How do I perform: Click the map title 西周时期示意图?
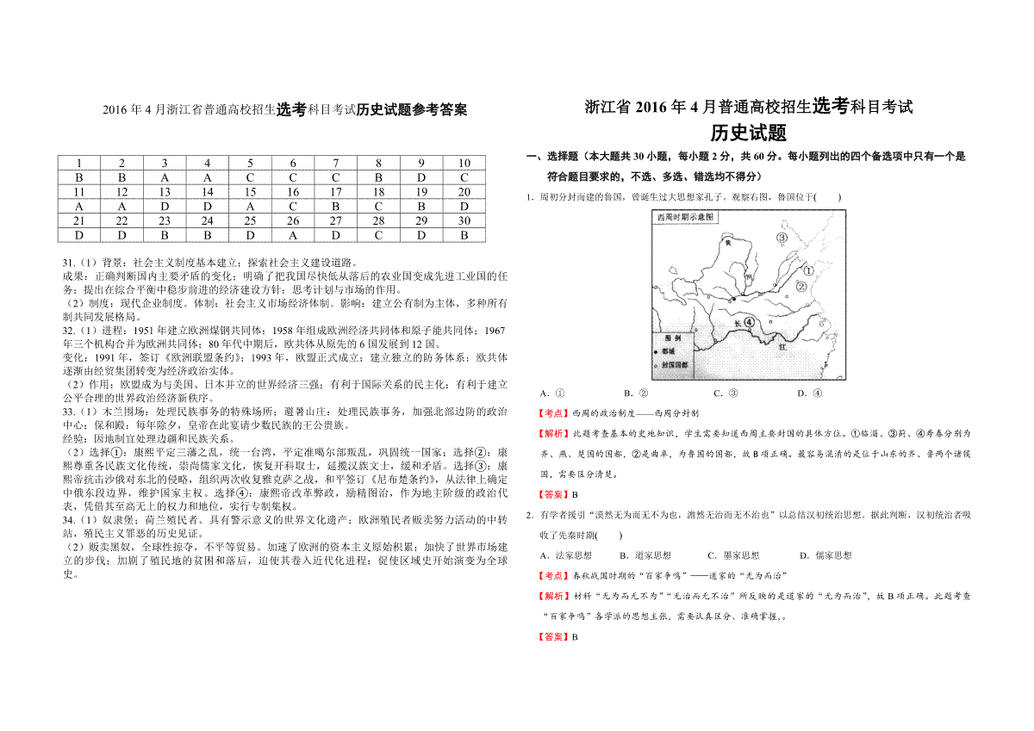[x=686, y=218]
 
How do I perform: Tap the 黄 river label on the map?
[x=728, y=244]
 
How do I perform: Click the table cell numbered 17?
[x=336, y=192]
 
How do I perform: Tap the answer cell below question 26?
[x=293, y=234]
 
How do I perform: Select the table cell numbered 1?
[x=79, y=164]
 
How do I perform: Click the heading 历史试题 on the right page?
[x=748, y=133]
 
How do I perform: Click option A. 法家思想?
[x=564, y=555]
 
